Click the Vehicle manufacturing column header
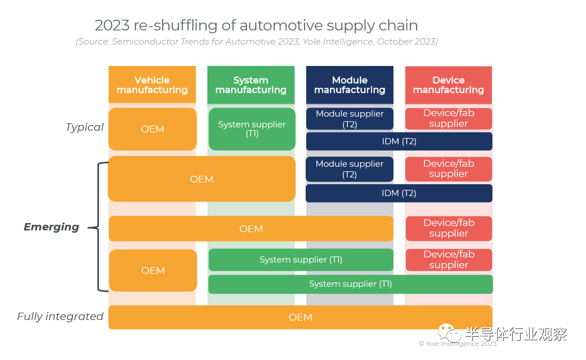152,85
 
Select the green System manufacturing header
250,85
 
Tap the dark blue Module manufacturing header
350,85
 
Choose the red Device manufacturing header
448,85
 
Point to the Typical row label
84,127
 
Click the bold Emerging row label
51,227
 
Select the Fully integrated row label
60,317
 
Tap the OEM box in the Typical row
153,129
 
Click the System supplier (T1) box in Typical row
252,129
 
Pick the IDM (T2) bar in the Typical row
399,141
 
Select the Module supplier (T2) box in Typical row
350,119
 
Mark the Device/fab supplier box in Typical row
449,118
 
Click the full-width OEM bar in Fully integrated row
300,317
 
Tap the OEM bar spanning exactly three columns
251,229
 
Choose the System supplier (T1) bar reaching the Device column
350,285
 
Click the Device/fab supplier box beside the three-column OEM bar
449,228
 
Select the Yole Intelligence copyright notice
457,344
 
